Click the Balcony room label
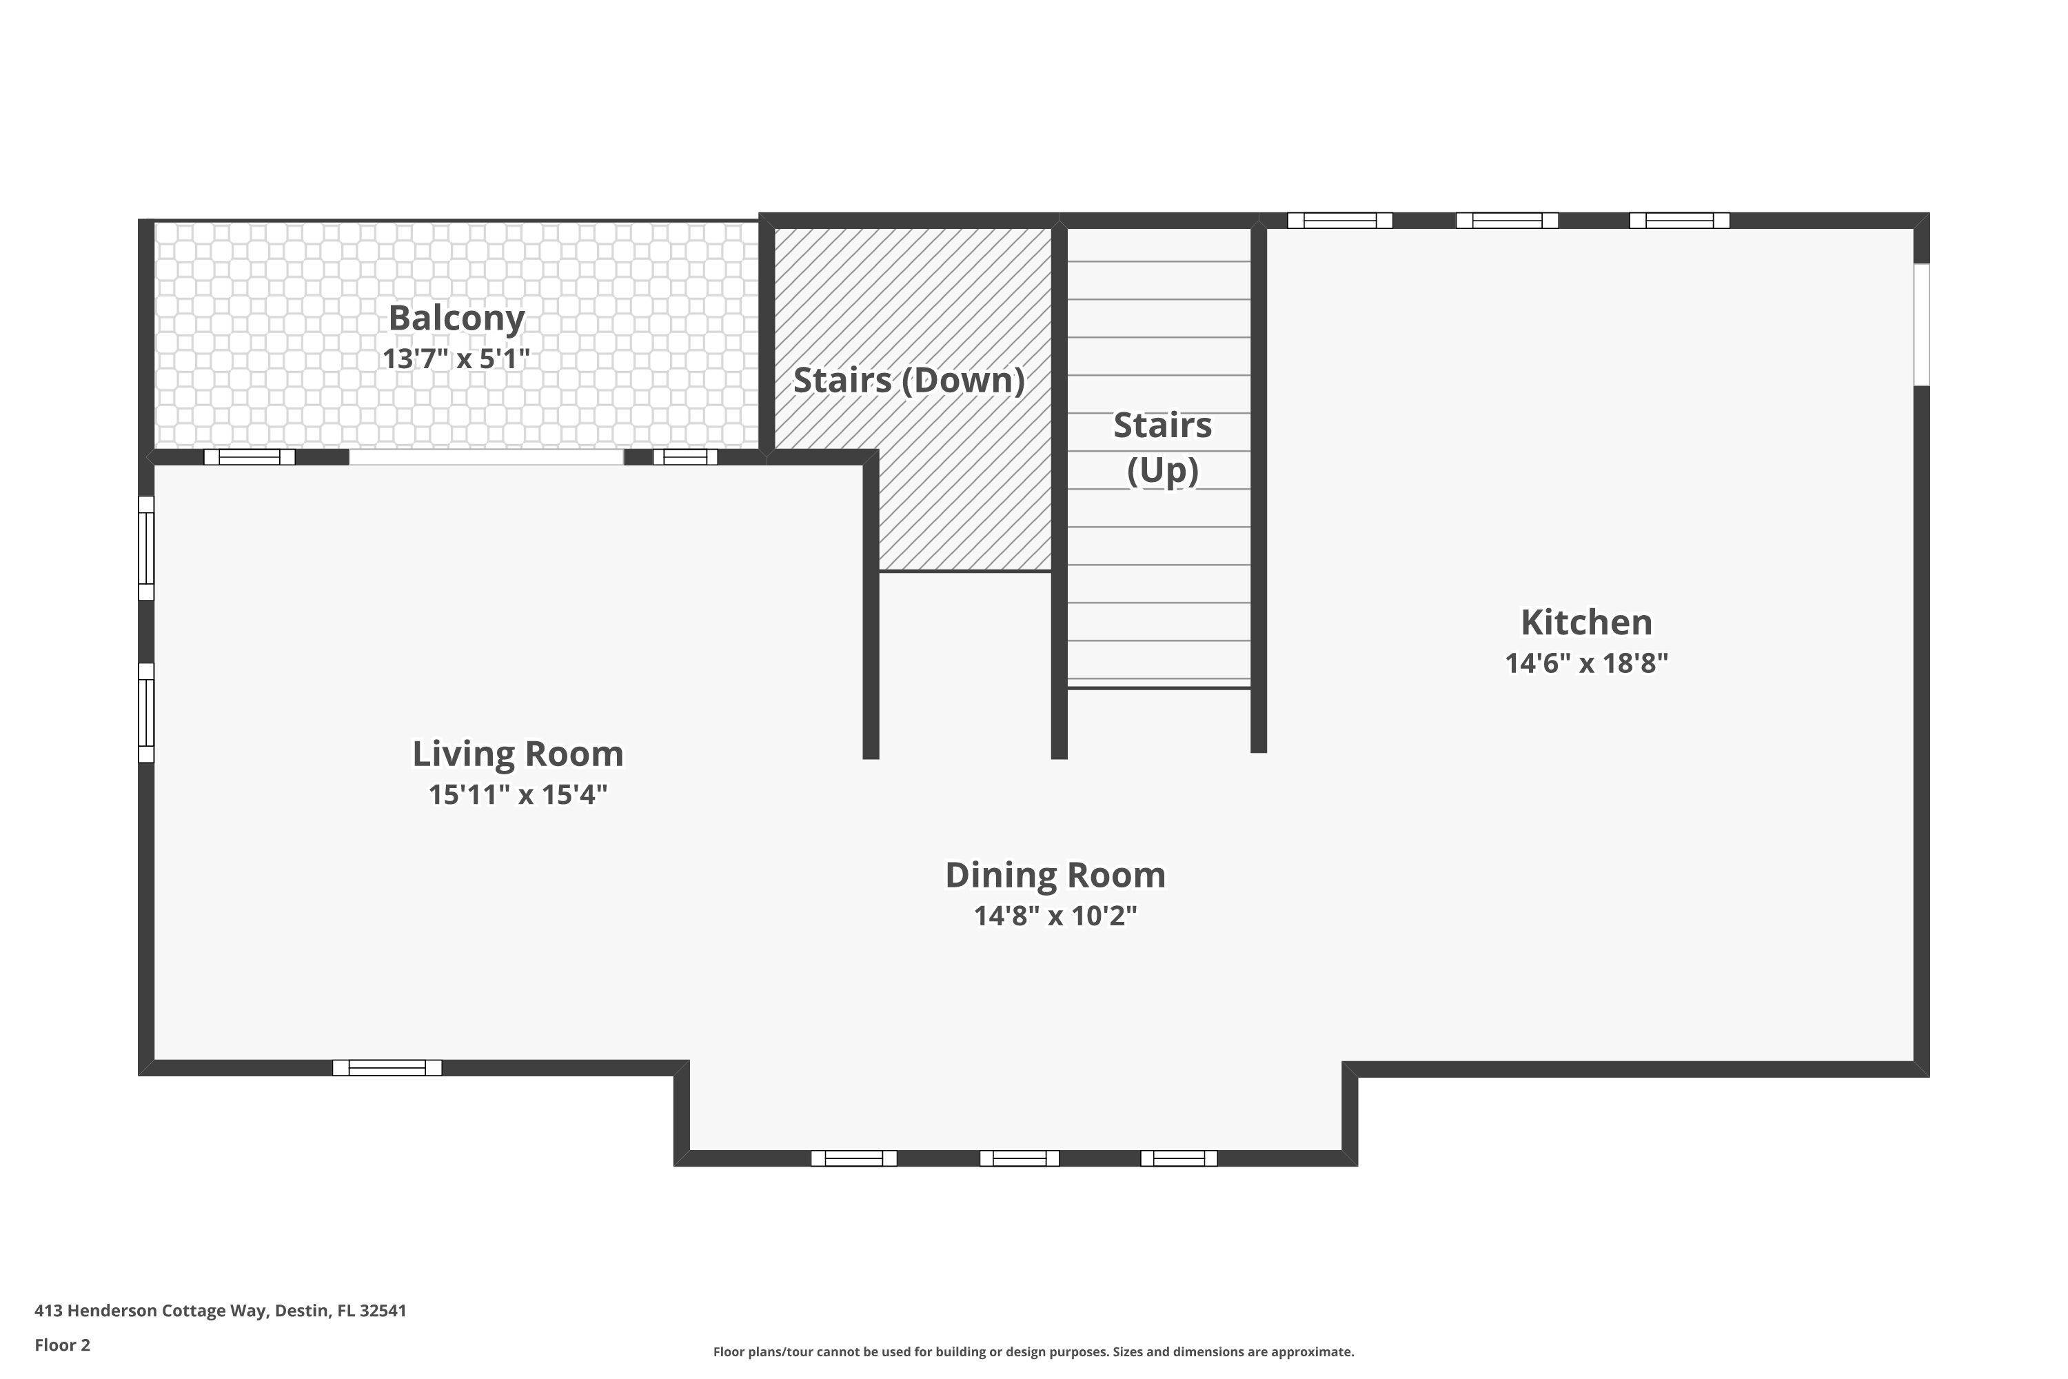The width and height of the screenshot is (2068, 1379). coord(456,319)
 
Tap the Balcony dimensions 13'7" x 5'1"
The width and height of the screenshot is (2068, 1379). coord(456,359)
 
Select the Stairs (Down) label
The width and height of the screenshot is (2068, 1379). coord(909,380)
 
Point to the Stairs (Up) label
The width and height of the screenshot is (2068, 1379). coord(1162,447)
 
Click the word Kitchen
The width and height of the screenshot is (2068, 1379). coord(1586,623)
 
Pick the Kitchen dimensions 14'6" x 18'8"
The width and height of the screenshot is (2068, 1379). coord(1586,663)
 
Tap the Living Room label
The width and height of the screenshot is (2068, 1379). coord(518,754)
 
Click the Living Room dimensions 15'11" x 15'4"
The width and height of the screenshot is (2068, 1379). coord(518,795)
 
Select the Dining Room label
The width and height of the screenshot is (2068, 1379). coord(1055,875)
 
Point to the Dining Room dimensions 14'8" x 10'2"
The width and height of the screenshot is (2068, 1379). coord(1055,916)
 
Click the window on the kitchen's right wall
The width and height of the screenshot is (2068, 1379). coord(1922,325)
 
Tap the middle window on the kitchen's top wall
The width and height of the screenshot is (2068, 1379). coord(1507,221)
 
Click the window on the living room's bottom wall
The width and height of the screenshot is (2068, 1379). coord(387,1067)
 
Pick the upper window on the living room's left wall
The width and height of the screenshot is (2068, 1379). coord(147,548)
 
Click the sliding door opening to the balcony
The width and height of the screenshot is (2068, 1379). coord(486,457)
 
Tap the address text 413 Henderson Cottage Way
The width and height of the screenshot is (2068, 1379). coord(220,1311)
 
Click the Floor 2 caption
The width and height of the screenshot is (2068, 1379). coord(63,1345)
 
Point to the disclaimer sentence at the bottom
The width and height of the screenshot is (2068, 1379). coord(1033,1351)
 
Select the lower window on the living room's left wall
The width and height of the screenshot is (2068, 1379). coord(147,712)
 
